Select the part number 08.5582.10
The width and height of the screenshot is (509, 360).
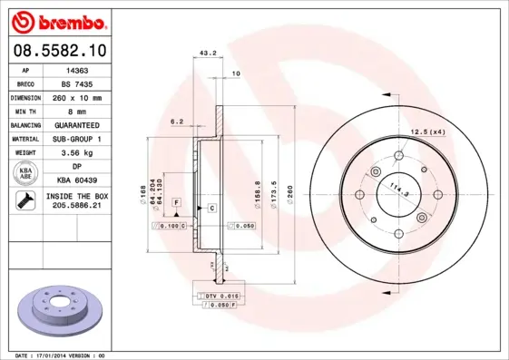(x=60, y=51)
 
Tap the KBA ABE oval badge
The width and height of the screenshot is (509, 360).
(x=24, y=173)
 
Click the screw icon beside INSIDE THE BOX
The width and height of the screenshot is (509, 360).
(x=24, y=201)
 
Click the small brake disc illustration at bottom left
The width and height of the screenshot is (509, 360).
(x=60, y=307)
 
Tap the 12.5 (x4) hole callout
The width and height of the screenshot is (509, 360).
(x=426, y=133)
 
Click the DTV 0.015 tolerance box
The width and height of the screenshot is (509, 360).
(x=218, y=297)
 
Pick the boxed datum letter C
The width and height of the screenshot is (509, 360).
(x=211, y=209)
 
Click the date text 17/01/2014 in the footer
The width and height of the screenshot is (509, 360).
(x=60, y=355)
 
